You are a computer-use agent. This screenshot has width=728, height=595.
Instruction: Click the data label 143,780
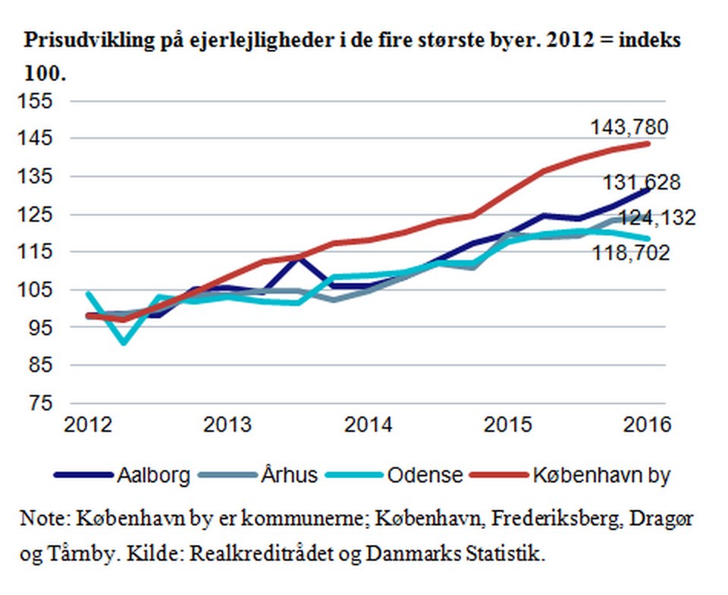coord(629,127)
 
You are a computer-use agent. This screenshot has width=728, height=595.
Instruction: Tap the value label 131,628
coord(641,183)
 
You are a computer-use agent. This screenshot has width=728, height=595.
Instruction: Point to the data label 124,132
coord(657,219)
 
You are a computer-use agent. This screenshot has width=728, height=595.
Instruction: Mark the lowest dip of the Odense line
coord(123,343)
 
